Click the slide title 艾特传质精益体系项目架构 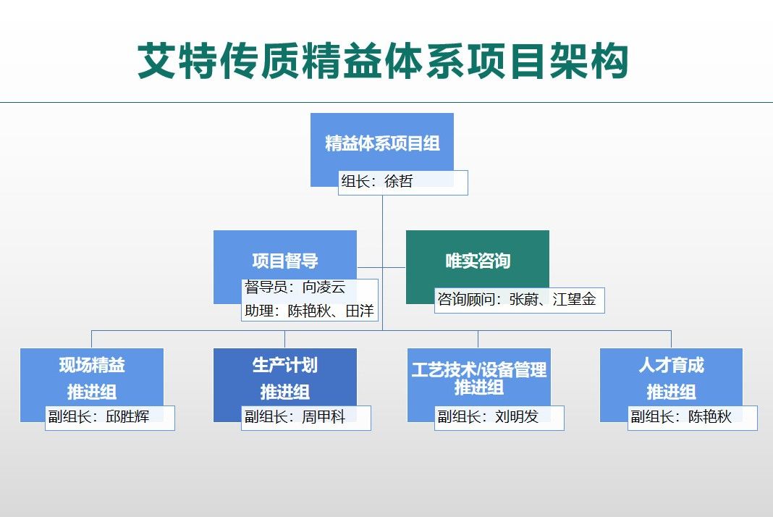pyautogui.click(x=382, y=61)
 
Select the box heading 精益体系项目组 pyautogui.click(x=382, y=143)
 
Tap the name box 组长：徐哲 pyautogui.click(x=402, y=182)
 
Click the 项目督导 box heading pyautogui.click(x=285, y=261)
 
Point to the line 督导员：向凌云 pyautogui.click(x=295, y=287)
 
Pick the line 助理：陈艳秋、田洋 pyautogui.click(x=310, y=311)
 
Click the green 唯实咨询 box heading pyautogui.click(x=478, y=261)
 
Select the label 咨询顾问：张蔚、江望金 pyautogui.click(x=517, y=300)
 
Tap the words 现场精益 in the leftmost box pyautogui.click(x=92, y=365)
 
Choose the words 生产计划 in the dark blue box pyautogui.click(x=285, y=365)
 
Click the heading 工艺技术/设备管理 pyautogui.click(x=479, y=370)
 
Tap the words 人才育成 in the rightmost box pyautogui.click(x=671, y=365)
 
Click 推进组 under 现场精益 pyautogui.click(x=92, y=392)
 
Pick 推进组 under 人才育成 pyautogui.click(x=671, y=392)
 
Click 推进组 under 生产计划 pyautogui.click(x=285, y=392)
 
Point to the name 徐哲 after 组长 pyautogui.click(x=399, y=182)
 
